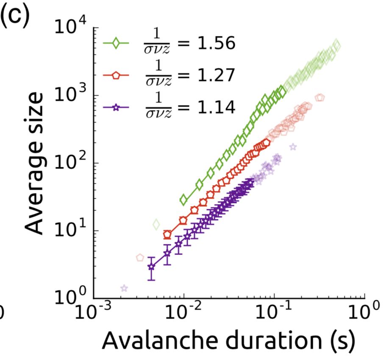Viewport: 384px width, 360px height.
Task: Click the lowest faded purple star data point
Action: (x=124, y=288)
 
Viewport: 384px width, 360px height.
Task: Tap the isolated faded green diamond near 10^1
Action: (x=156, y=224)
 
